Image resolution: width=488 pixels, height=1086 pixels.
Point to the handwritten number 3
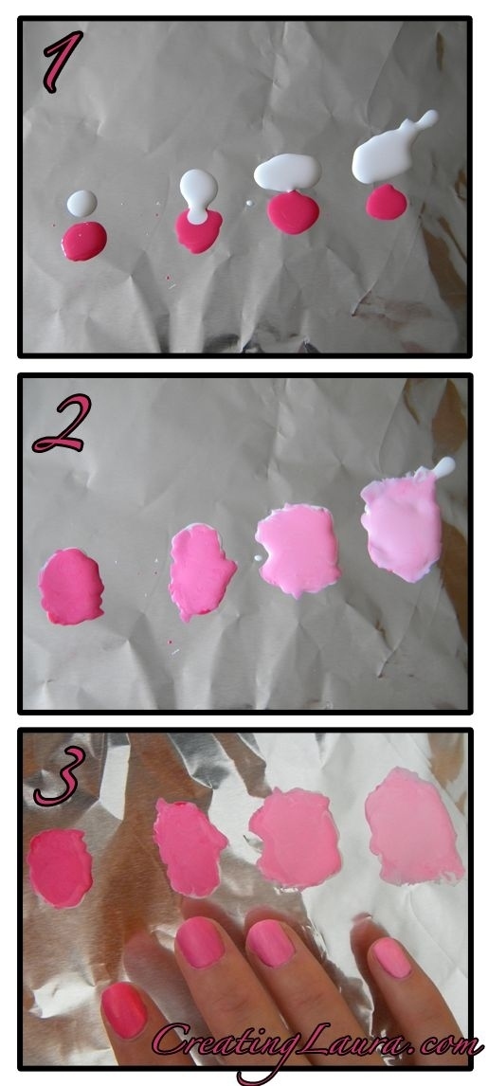(61, 776)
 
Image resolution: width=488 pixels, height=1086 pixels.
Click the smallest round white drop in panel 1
(81, 204)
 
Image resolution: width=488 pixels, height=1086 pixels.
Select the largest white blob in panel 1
(391, 151)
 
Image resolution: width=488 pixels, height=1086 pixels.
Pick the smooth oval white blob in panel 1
(287, 172)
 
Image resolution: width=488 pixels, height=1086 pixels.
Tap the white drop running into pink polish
(198, 195)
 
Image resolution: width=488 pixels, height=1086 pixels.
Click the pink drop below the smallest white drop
(83, 241)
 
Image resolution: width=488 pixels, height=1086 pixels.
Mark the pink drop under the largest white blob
(387, 202)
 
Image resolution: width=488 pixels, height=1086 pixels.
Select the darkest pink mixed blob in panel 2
(71, 586)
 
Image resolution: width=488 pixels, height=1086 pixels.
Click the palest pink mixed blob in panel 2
(402, 526)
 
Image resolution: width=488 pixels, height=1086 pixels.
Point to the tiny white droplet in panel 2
(258, 558)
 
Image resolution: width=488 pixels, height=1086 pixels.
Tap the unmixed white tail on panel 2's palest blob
(443, 467)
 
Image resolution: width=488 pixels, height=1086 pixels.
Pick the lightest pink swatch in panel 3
(412, 826)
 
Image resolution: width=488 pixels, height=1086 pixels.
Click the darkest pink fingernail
(124, 1010)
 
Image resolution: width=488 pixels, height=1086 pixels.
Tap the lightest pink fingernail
(391, 958)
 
